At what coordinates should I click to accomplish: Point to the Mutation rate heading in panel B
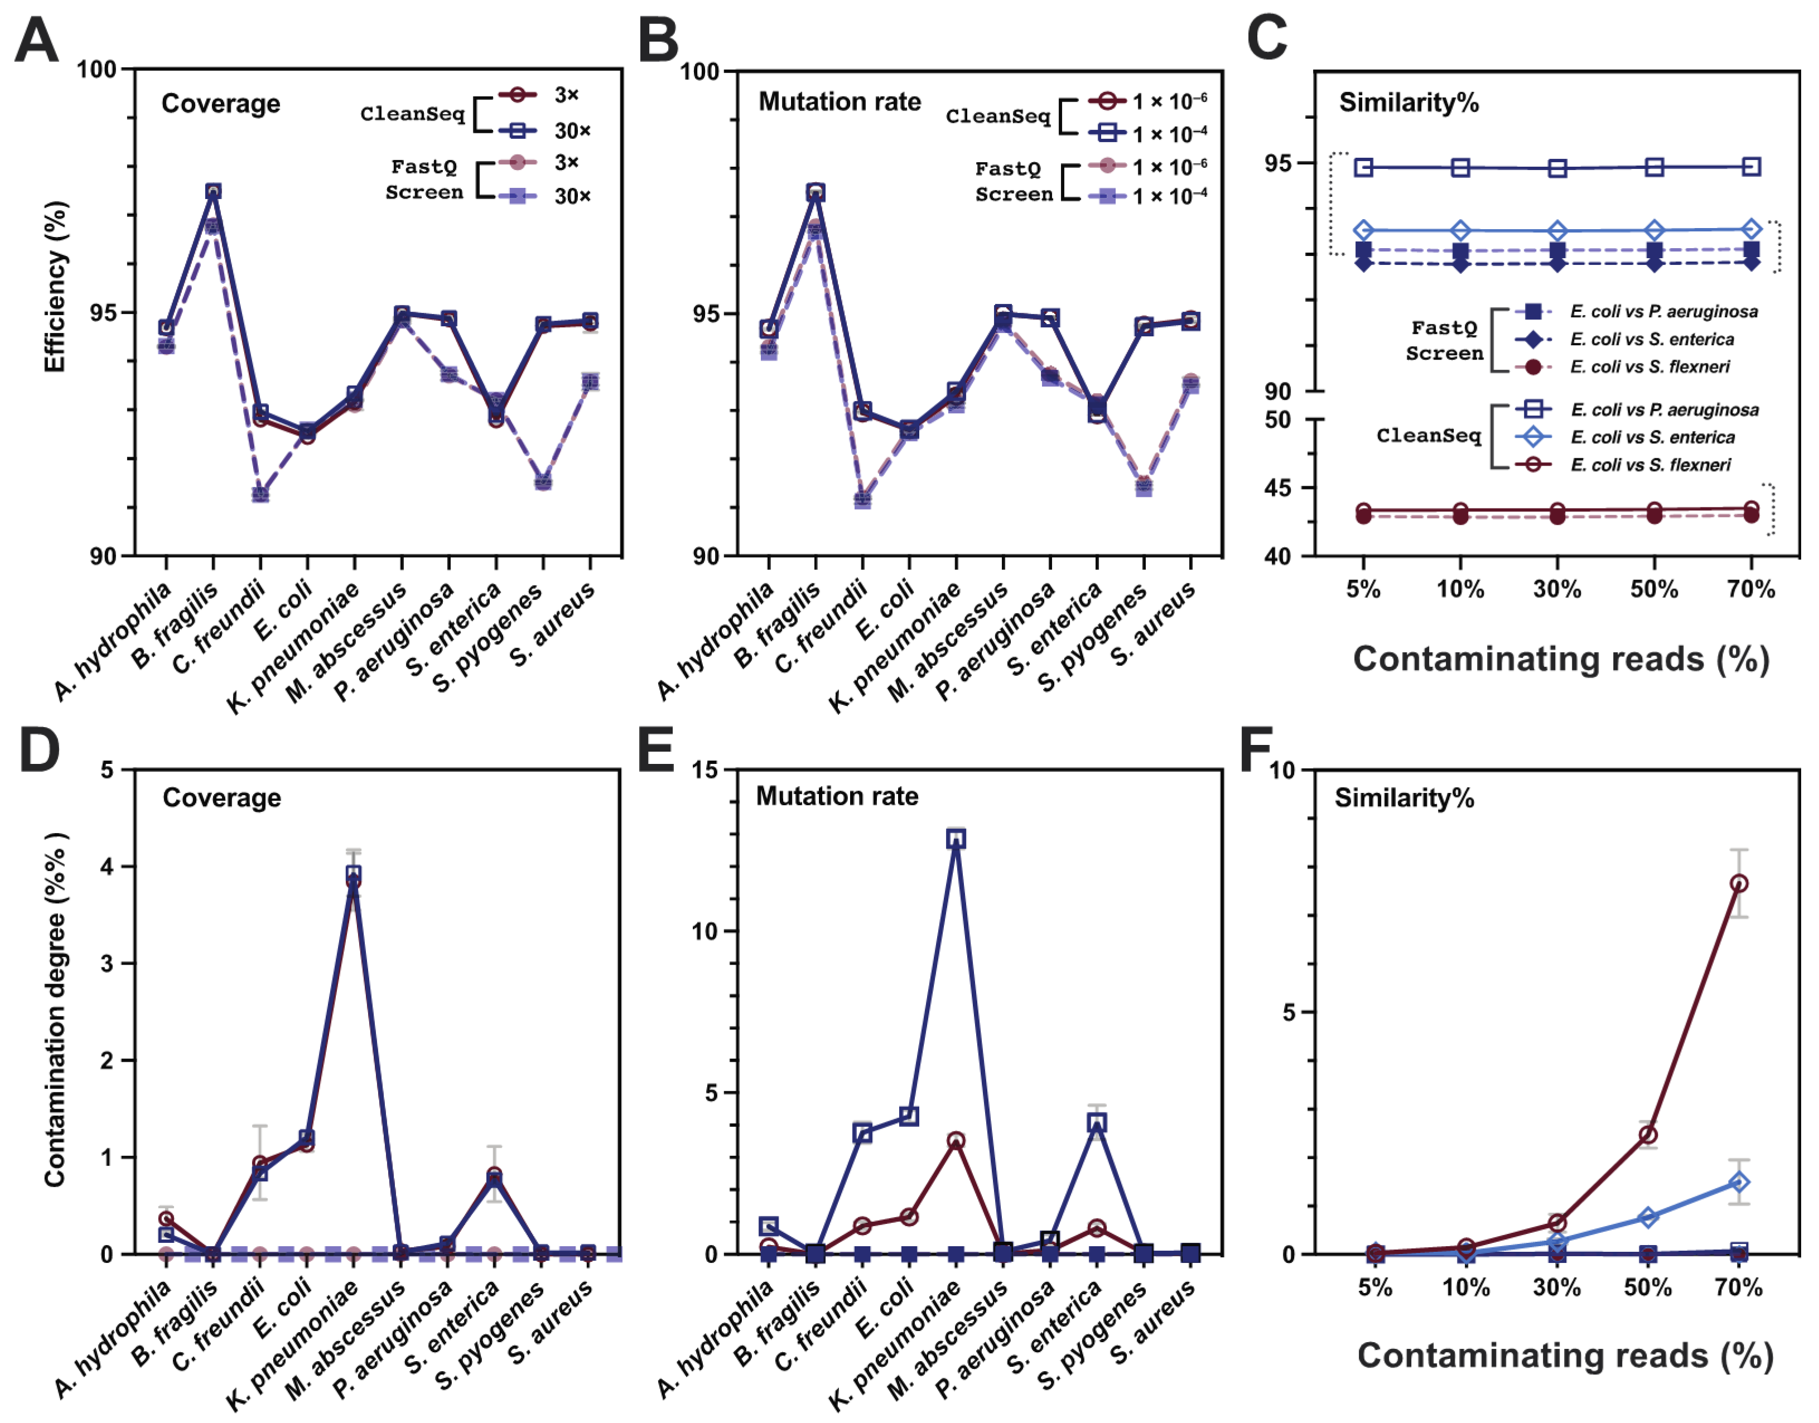pos(839,101)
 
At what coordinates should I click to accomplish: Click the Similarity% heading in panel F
pos(1404,798)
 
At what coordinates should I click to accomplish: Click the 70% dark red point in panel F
pos(1739,884)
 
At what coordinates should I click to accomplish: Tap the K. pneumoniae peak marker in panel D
pos(353,874)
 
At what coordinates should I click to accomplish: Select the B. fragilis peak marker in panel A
pos(213,192)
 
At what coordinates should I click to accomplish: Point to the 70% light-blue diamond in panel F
pos(1739,1182)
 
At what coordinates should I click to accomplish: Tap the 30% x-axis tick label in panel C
pos(1556,589)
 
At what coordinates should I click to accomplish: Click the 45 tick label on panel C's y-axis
pos(1277,487)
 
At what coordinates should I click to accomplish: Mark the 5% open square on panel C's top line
pos(1363,167)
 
